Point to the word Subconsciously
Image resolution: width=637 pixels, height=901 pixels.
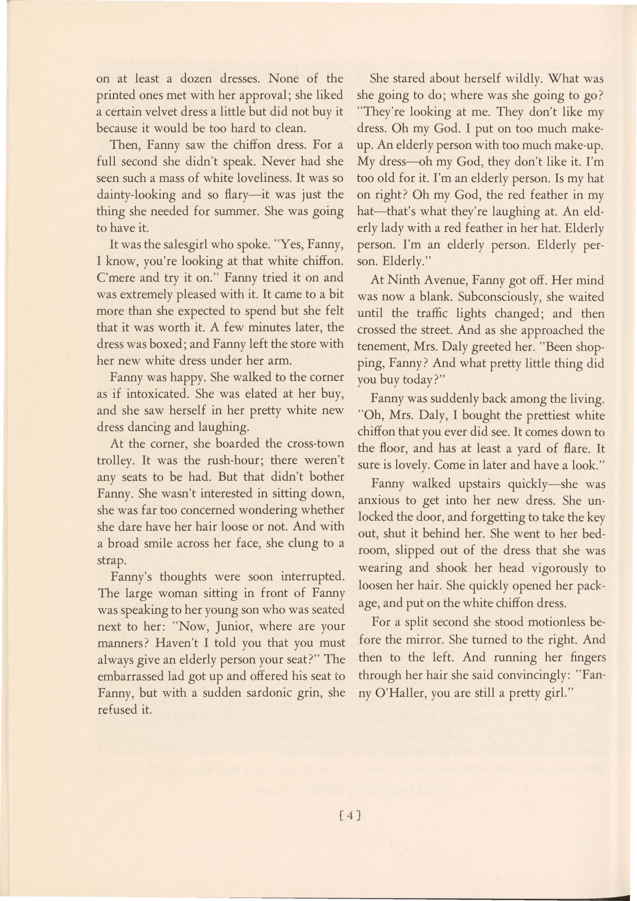click(x=469, y=297)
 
